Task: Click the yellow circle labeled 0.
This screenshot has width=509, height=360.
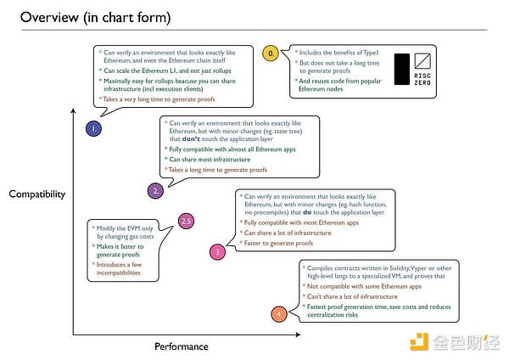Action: (x=271, y=53)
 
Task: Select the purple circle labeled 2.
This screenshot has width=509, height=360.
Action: (x=156, y=191)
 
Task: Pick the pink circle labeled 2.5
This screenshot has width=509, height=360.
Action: (x=187, y=222)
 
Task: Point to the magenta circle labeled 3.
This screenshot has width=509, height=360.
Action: (x=217, y=252)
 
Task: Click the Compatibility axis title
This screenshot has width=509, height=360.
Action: (x=36, y=194)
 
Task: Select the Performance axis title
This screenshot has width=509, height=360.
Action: (x=181, y=346)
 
